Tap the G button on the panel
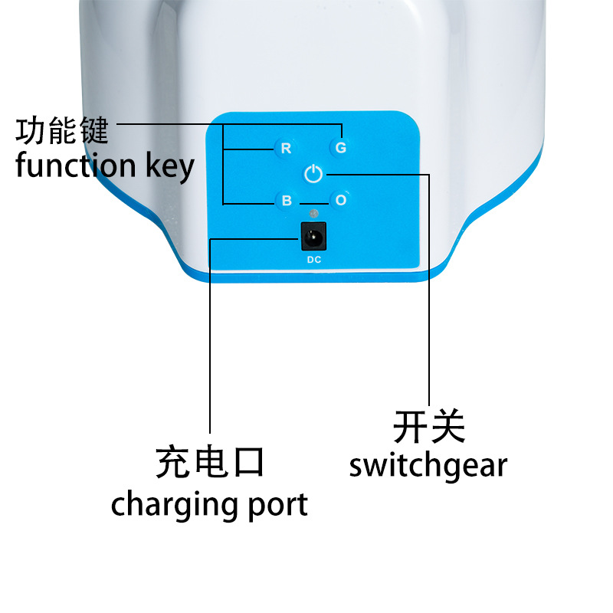tap(341, 146)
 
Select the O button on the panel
tap(341, 200)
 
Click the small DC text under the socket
tap(314, 260)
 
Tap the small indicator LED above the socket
tap(313, 213)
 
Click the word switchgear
tap(428, 465)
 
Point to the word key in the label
tap(169, 166)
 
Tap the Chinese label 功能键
tap(62, 131)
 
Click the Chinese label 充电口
tap(210, 464)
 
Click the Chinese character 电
tap(210, 464)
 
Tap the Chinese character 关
tap(447, 426)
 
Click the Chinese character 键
tap(93, 131)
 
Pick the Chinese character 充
tap(173, 464)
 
